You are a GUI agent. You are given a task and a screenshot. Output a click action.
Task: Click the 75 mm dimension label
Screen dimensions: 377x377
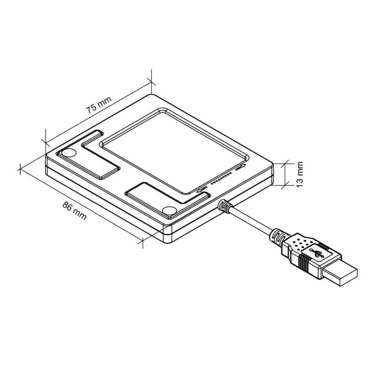click(98, 105)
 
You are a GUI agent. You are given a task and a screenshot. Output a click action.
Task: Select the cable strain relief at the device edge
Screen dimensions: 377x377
click(224, 205)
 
